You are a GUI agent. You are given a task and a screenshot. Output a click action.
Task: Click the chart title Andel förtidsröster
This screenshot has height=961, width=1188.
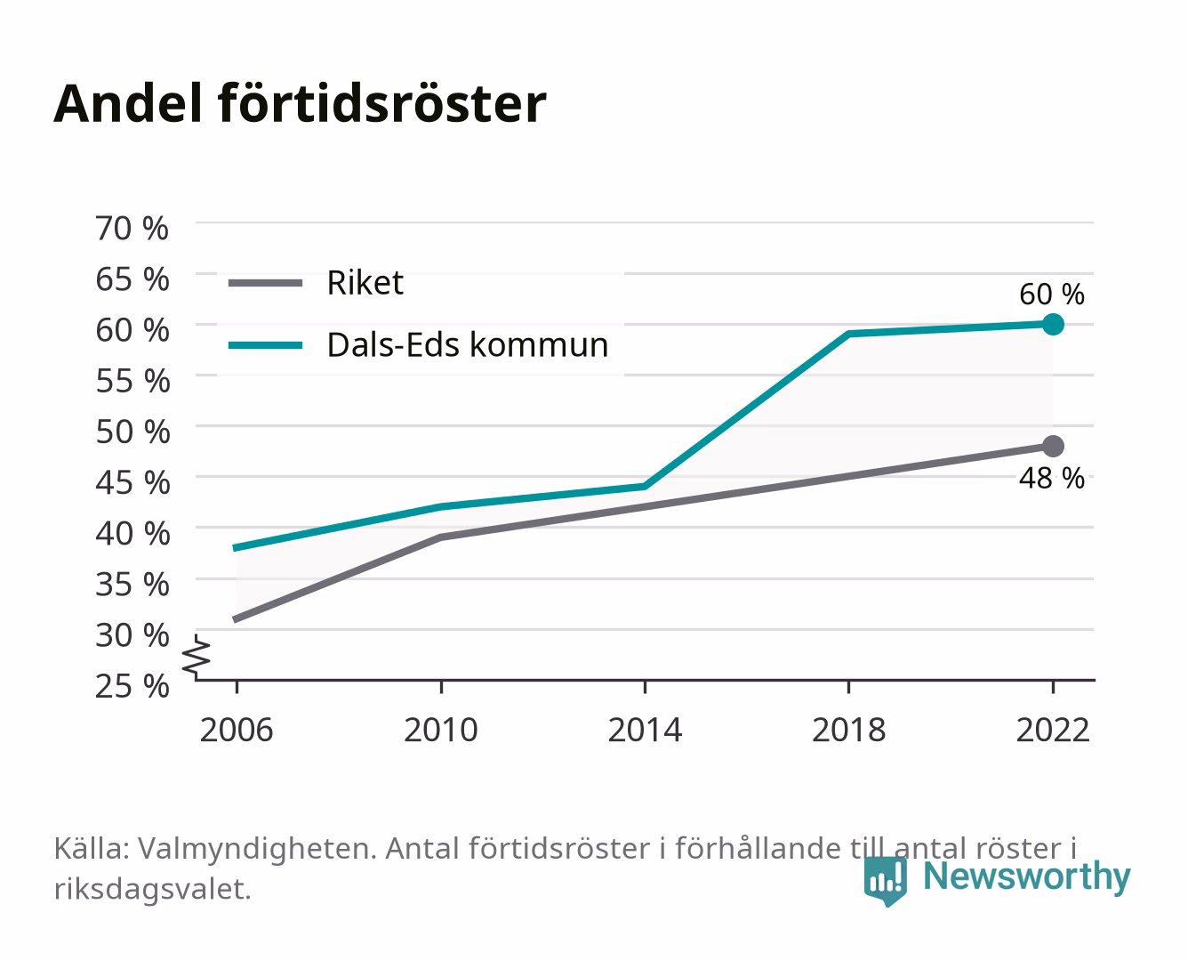(x=300, y=104)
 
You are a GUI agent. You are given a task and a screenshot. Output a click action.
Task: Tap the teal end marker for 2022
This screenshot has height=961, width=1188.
(x=1053, y=324)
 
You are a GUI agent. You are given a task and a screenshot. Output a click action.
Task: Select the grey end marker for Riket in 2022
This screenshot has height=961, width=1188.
(x=1053, y=447)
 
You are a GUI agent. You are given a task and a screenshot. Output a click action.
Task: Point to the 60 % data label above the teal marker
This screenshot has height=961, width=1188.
(x=1052, y=295)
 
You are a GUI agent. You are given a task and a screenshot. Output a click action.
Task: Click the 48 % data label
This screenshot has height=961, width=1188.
(x=1052, y=478)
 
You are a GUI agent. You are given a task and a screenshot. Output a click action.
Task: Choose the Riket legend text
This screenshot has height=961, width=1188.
(x=365, y=282)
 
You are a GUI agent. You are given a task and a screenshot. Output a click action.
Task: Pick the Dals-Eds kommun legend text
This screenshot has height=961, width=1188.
(x=468, y=344)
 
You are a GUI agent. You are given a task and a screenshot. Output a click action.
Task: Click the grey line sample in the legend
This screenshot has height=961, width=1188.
(x=266, y=283)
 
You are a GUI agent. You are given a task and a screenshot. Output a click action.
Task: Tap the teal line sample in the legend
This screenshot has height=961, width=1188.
(x=266, y=345)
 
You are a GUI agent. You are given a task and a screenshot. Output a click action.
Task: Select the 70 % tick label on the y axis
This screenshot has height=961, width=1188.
(x=132, y=229)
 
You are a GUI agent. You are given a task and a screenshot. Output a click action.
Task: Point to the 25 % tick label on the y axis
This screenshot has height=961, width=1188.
(x=132, y=686)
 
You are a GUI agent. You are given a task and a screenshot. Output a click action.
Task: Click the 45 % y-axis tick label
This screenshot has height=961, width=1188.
(x=132, y=483)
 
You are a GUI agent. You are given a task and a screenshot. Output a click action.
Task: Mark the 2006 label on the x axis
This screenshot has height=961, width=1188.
(x=237, y=730)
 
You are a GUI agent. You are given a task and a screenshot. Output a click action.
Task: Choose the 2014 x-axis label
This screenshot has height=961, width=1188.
(x=645, y=730)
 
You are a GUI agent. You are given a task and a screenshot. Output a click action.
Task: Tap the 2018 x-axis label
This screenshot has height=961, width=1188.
(x=849, y=730)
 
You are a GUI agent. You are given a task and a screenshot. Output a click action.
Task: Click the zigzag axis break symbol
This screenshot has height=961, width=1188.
(x=197, y=657)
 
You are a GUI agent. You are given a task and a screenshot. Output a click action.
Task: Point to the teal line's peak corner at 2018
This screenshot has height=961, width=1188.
(x=849, y=334)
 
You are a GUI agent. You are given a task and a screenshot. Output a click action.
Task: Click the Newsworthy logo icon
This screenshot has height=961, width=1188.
(x=885, y=881)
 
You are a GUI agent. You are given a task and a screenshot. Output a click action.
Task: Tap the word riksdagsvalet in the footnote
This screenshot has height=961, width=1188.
(x=152, y=889)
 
